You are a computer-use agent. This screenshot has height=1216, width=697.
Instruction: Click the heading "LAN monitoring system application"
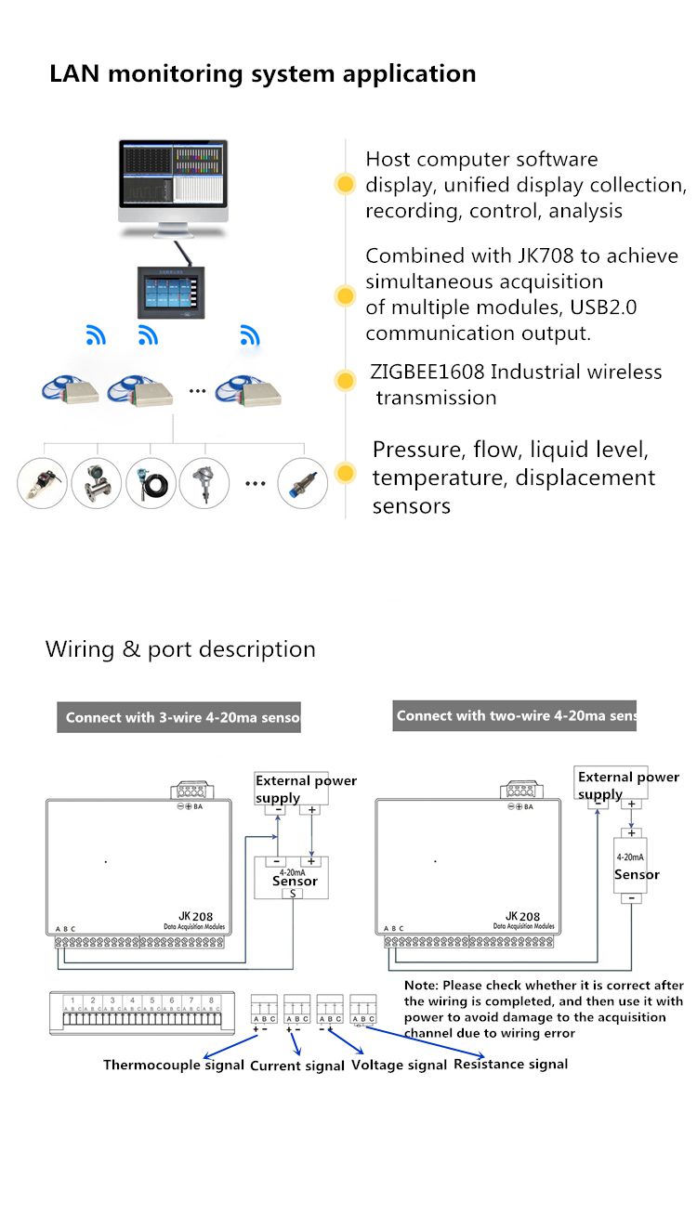click(x=263, y=74)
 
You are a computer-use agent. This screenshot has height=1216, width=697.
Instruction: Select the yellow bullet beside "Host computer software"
click(x=346, y=184)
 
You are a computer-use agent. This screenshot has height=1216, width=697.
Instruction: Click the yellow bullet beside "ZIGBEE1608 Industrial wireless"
click(x=346, y=380)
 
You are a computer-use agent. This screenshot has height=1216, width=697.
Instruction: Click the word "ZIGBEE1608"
click(x=427, y=373)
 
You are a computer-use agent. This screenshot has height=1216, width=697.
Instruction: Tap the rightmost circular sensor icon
click(x=304, y=483)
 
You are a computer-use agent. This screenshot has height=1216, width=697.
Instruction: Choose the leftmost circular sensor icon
click(x=42, y=483)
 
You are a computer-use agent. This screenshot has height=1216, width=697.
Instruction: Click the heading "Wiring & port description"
click(x=180, y=649)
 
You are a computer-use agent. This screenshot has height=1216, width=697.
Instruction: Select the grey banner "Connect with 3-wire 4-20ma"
click(x=178, y=718)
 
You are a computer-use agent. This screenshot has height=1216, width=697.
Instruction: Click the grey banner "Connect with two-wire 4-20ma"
click(x=514, y=716)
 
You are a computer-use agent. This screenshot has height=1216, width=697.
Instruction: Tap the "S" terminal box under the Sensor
click(x=292, y=893)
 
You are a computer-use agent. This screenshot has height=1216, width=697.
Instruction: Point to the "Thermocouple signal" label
click(x=174, y=1065)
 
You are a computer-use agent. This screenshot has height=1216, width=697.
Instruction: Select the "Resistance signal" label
click(x=510, y=1064)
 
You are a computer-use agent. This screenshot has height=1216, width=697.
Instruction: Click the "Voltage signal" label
click(x=399, y=1066)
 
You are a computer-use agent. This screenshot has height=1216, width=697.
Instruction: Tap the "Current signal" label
click(x=297, y=1066)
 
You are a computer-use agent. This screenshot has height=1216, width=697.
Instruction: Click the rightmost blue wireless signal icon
click(x=249, y=335)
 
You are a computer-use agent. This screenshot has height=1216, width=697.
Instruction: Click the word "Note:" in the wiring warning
click(x=421, y=985)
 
